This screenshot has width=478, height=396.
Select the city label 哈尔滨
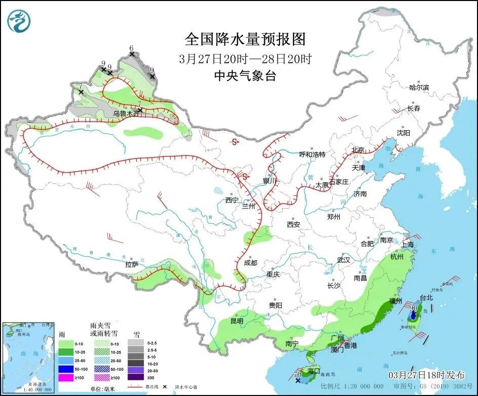(419, 88)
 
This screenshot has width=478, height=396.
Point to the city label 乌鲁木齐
(126, 114)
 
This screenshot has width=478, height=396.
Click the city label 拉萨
(132, 264)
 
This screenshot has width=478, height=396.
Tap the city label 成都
(250, 263)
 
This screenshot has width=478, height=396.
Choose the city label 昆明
(237, 321)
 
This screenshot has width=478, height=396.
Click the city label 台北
(426, 298)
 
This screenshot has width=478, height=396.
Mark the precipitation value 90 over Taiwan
(414, 308)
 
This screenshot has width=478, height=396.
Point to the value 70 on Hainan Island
(298, 375)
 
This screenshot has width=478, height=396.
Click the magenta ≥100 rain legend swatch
(65, 378)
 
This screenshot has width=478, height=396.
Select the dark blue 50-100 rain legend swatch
(65, 370)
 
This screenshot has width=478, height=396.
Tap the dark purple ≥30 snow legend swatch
(135, 377)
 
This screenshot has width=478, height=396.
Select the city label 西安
(293, 224)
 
